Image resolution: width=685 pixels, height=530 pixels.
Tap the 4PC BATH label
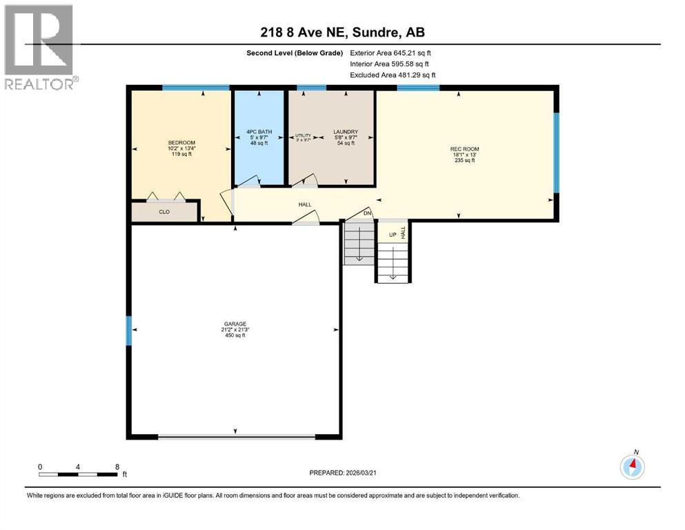pyautogui.click(x=259, y=131)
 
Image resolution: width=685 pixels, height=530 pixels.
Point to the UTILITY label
pyautogui.click(x=304, y=135)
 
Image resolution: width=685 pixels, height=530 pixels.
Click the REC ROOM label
pyautogui.click(x=464, y=149)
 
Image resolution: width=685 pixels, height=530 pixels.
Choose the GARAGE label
pyautogui.click(x=235, y=324)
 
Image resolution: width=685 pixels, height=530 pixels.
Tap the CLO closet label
pyautogui.click(x=164, y=212)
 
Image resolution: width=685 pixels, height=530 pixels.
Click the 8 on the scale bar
pyautogui.click(x=117, y=467)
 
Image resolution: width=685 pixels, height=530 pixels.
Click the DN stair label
pyautogui.click(x=368, y=213)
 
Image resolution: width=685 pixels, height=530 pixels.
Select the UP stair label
pyautogui.click(x=393, y=235)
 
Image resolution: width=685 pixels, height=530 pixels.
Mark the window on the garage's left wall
pyautogui.click(x=128, y=331)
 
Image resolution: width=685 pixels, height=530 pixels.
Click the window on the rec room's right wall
pyautogui.click(x=557, y=152)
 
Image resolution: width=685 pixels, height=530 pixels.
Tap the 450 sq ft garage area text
pyautogui.click(x=235, y=335)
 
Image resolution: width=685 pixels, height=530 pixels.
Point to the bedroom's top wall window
pyautogui.click(x=195, y=88)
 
